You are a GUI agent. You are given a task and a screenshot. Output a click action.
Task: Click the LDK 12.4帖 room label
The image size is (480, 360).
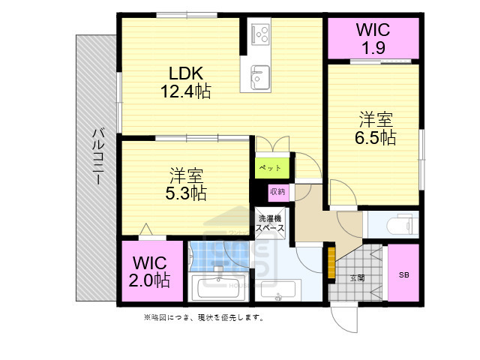click(x=184, y=82)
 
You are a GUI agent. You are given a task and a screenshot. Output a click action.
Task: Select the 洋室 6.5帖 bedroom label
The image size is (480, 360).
click(x=376, y=128)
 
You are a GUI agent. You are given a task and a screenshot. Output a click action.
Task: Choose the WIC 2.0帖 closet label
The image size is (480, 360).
click(x=151, y=272)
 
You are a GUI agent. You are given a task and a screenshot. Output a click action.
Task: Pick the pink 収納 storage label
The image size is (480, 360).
click(x=277, y=191)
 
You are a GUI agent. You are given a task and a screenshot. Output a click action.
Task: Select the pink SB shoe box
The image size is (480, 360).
click(x=403, y=274)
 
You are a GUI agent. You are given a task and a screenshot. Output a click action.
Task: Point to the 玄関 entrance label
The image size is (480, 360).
click(x=357, y=277)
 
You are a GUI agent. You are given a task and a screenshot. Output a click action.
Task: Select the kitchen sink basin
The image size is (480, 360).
click(x=260, y=76)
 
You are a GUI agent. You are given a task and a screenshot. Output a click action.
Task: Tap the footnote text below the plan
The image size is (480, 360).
click(x=203, y=317)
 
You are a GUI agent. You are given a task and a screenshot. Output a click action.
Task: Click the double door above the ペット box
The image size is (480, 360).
click(x=271, y=144)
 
